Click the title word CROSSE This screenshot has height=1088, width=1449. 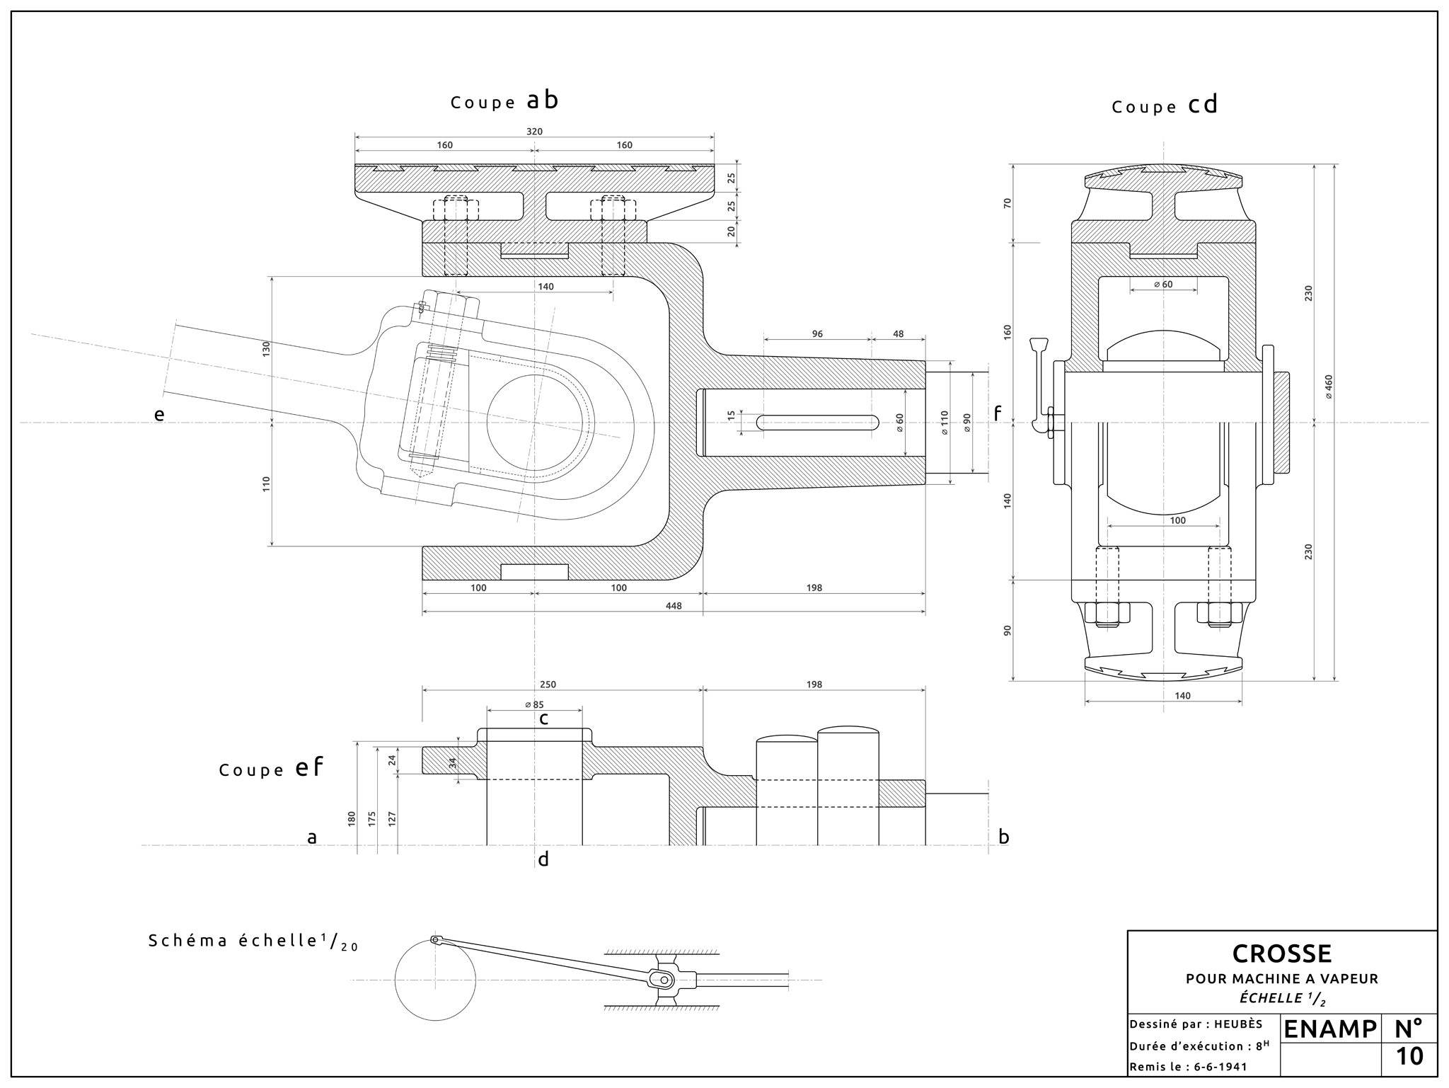[x=1281, y=954]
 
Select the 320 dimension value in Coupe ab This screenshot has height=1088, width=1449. [x=534, y=132]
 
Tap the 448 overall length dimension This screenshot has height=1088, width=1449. [x=674, y=606]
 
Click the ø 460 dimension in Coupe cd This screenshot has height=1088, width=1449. [x=1329, y=386]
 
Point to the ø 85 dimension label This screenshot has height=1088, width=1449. [x=534, y=704]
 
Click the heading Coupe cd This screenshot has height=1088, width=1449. [x=1165, y=105]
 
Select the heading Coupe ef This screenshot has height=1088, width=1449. [x=271, y=769]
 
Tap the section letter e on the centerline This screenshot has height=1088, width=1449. [x=159, y=415]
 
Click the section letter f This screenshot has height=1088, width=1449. [x=998, y=413]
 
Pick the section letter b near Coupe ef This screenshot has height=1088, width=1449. [x=1003, y=837]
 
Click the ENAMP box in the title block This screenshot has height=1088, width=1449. [x=1329, y=1029]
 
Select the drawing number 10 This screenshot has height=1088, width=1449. [x=1409, y=1057]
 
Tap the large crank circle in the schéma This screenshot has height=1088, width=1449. [x=435, y=980]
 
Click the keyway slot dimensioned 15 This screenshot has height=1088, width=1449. [x=817, y=423]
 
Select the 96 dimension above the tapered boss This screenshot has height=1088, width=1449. [x=817, y=334]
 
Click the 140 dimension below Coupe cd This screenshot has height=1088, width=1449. [x=1182, y=696]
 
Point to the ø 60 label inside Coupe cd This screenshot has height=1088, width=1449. [x=1163, y=285]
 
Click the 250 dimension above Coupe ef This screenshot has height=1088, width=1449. [x=548, y=685]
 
